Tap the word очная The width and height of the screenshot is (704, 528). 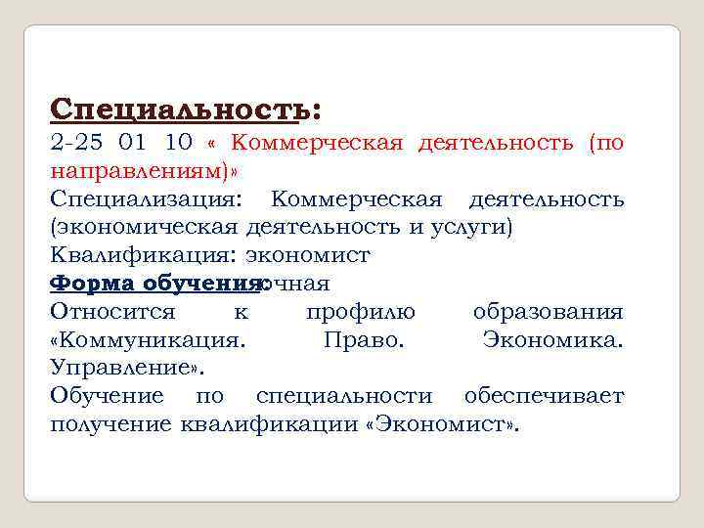click(x=298, y=285)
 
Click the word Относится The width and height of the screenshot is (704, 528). click(x=112, y=313)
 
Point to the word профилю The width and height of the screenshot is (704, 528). click(x=360, y=313)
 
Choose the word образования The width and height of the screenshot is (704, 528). click(x=548, y=313)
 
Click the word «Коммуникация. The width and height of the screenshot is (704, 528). click(x=148, y=341)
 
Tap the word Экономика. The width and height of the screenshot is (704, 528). click(x=552, y=341)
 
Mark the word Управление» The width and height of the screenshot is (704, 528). click(x=127, y=369)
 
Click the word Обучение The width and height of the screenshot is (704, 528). click(x=107, y=397)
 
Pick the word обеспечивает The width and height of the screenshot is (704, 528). click(x=544, y=397)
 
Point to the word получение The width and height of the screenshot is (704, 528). click(x=110, y=425)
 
